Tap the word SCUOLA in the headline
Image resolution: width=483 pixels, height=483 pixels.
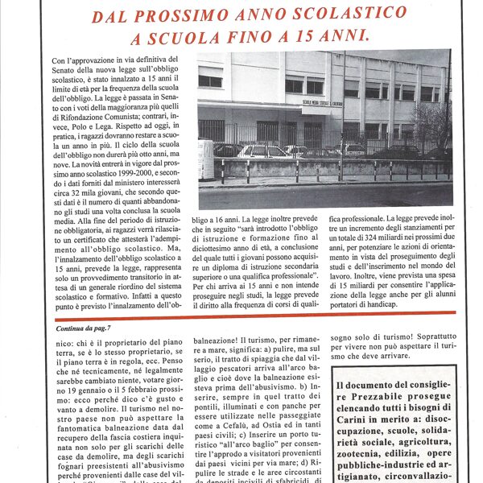point(182,37)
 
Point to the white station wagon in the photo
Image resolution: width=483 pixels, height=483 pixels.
point(262,151)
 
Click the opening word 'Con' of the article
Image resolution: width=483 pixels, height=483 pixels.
point(59,60)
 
